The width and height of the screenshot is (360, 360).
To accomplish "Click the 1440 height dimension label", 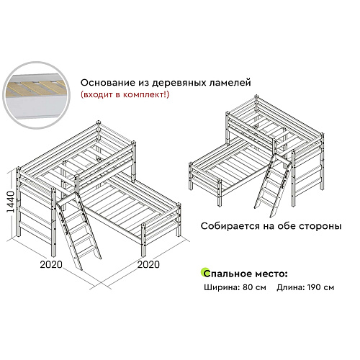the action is coord(10,202).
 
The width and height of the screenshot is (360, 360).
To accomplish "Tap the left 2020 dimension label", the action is coord(51,264).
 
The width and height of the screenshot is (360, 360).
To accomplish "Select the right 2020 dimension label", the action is coord(148,264).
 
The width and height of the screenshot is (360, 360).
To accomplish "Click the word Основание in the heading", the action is coord(108,83).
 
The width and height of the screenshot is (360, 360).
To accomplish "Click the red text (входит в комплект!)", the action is coord(125,94).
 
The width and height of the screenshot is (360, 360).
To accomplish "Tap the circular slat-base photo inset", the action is coord(37,95).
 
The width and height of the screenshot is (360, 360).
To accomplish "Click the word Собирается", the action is coord(230,226).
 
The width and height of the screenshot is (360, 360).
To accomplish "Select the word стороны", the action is coord(320,226).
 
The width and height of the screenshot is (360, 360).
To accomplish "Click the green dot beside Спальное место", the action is coord(204,271).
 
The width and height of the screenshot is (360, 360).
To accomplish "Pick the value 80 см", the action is coord(254,287).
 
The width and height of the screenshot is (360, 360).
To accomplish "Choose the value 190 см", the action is coord(320,287).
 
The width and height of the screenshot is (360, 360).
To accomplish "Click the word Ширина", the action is coord(222,287).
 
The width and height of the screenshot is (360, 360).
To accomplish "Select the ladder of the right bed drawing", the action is coord(273,185).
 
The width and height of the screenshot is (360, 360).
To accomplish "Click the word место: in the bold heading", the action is coord(271,274).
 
